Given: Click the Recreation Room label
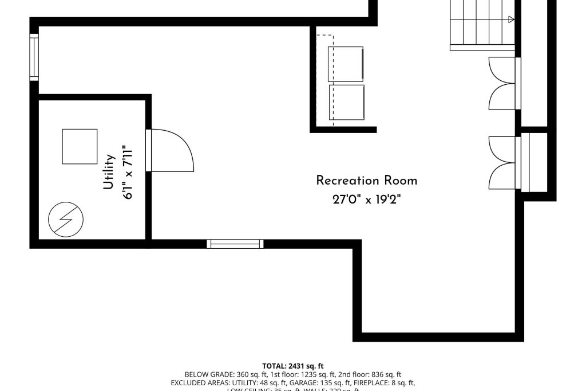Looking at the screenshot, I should pos(367,181).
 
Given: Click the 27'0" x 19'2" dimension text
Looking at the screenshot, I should pos(367,200).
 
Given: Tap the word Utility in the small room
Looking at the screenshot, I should pos(109,172).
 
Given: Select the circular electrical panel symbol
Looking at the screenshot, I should pos(66,220).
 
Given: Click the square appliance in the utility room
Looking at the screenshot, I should pos(80,146).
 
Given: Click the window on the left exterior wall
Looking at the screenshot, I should pos(34,57).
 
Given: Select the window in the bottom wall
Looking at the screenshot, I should pos(235,244).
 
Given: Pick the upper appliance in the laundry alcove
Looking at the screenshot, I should pos(346,64).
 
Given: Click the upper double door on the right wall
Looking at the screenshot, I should pos(504,83).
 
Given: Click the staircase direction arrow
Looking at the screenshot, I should pos(511,19).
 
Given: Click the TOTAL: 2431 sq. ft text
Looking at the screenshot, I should pos(293,366).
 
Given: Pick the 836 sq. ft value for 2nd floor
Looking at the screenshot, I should pos(383,374).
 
